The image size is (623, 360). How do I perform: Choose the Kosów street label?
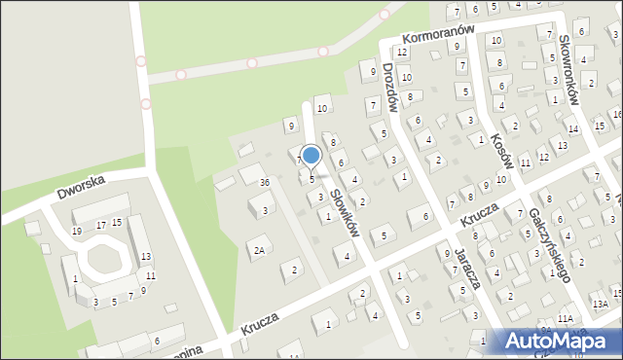501,152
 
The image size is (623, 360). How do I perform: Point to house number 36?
264,183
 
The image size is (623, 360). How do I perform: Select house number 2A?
259,250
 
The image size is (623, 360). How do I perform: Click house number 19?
77,231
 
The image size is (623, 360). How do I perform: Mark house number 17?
100,224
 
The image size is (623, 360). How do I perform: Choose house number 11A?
566,318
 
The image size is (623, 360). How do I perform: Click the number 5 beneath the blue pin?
311,179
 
